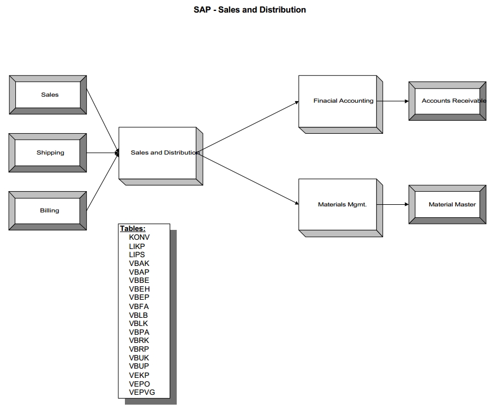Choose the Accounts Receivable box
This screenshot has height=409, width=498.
(x=447, y=101)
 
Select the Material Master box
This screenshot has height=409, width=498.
(x=447, y=205)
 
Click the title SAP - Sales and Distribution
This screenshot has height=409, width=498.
(x=250, y=10)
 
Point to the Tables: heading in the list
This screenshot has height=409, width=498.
(x=133, y=229)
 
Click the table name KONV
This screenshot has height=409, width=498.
(x=139, y=238)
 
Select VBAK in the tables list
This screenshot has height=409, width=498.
(x=139, y=263)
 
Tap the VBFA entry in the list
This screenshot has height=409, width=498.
(x=139, y=306)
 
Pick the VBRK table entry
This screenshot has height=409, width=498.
(x=139, y=340)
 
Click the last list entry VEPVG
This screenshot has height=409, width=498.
(x=142, y=392)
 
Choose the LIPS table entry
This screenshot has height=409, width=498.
(x=137, y=254)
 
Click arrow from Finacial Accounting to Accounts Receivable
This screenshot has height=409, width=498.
(x=393, y=101)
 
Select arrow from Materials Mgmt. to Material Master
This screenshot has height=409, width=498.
(x=393, y=205)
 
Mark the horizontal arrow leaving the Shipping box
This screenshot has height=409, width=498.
(x=103, y=153)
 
